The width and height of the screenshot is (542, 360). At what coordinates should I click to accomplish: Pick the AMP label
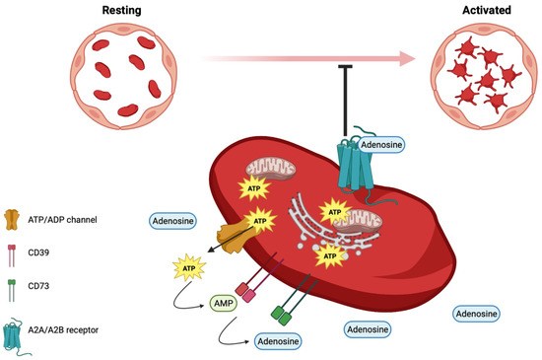point(222,305)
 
